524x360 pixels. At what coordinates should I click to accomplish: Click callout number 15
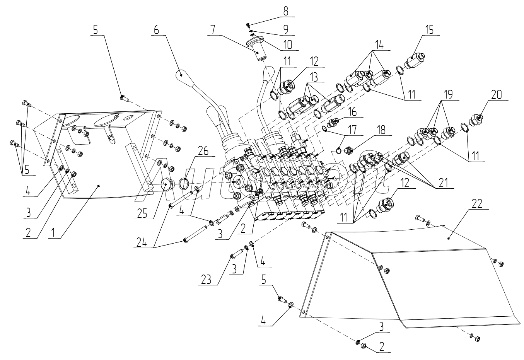click(430, 30)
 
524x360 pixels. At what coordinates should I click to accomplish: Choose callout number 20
click(496, 95)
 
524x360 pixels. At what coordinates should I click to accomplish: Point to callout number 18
click(381, 130)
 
